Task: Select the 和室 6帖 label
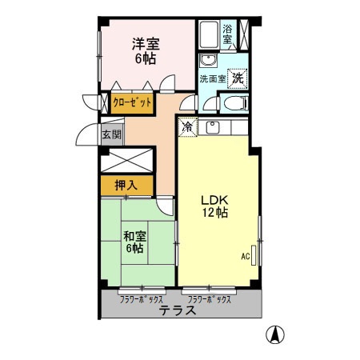pos(134,242)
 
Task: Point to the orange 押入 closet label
pos(126,186)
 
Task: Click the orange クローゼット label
pos(131,102)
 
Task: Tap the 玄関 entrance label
pos(110,134)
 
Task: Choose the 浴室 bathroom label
pos(228,34)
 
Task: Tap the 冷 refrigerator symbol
pos(187,126)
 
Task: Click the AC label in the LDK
pos(246,257)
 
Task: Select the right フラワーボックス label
pos(207,298)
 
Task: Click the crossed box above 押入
pos(126,159)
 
